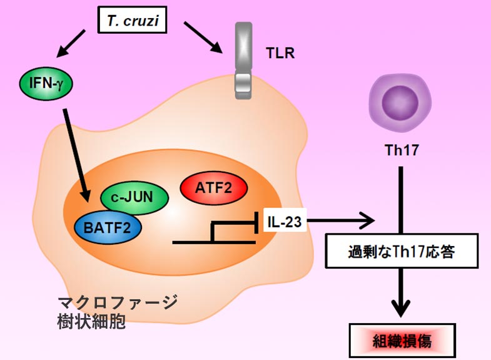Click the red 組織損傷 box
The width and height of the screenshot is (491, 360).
403,341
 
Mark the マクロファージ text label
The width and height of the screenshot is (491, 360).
116,300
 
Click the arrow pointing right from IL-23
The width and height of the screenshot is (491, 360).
341,220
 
